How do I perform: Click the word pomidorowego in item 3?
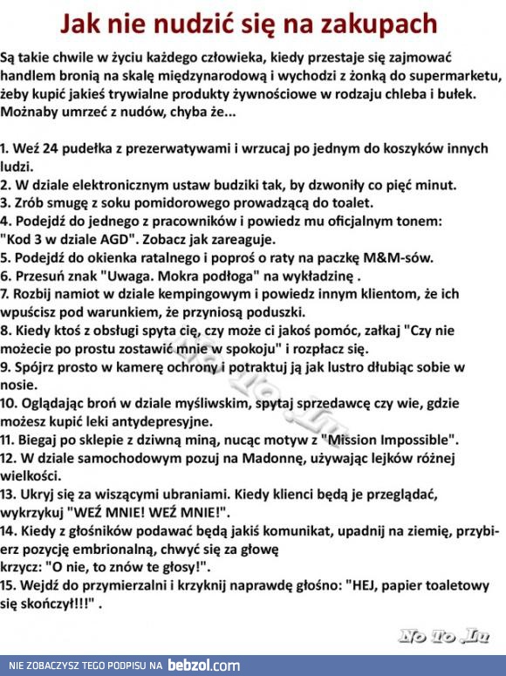[x=185, y=202]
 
